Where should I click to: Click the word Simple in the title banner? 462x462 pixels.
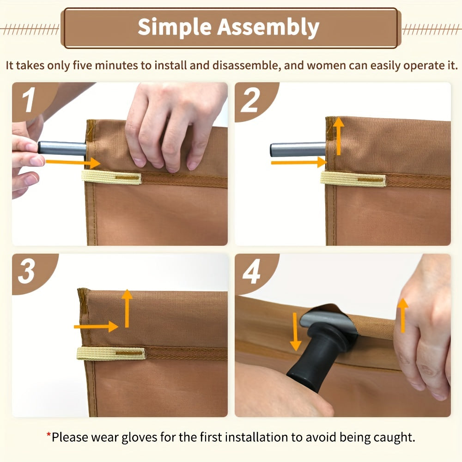click(x=175, y=27)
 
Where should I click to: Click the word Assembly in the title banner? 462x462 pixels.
click(x=268, y=27)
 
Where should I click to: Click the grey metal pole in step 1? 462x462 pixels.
click(x=62, y=148)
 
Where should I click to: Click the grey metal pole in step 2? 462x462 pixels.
click(x=298, y=150)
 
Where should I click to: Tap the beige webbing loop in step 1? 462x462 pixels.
click(x=111, y=177)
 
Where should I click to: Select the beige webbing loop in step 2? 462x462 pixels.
click(x=353, y=179)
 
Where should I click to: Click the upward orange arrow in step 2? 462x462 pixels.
click(x=339, y=136)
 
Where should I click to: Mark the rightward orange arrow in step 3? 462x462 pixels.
click(x=96, y=327)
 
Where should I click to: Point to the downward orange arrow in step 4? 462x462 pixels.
click(x=295, y=332)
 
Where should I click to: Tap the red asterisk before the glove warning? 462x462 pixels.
click(x=49, y=434)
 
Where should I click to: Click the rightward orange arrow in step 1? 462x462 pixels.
click(x=73, y=163)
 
